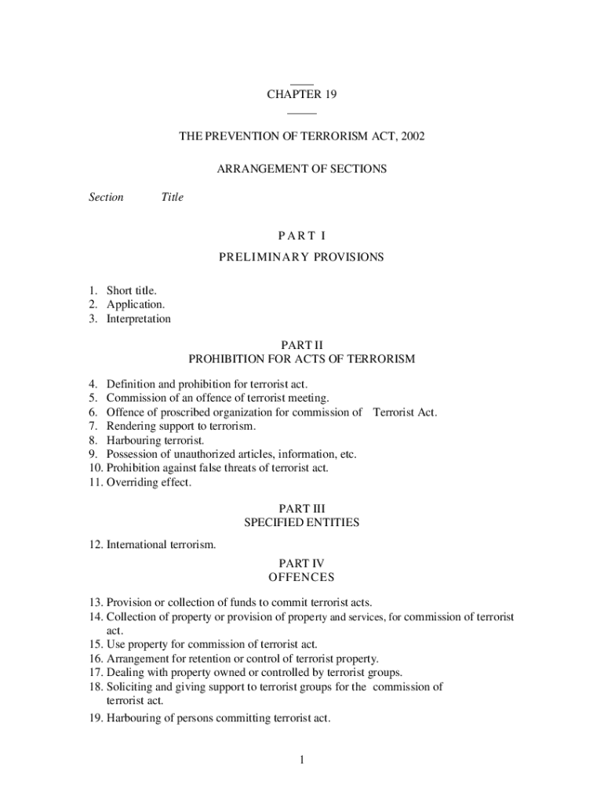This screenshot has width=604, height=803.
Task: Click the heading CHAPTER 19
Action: point(302,95)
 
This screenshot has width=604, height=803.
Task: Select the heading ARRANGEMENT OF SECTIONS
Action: point(302,169)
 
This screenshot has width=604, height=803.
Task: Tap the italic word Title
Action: point(172,197)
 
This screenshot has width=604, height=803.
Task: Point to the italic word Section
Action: point(106,197)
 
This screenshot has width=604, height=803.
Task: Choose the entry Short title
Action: point(131,291)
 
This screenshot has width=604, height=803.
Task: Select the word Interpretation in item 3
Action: point(138,319)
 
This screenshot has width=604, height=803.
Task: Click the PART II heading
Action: point(302,345)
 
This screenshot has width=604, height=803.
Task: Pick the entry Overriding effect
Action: point(148,482)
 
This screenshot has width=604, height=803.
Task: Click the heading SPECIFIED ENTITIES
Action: point(302,523)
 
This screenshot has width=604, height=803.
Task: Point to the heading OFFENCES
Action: point(302,578)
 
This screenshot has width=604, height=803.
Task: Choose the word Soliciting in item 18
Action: point(129,687)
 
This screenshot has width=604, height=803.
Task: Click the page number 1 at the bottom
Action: point(302,760)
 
